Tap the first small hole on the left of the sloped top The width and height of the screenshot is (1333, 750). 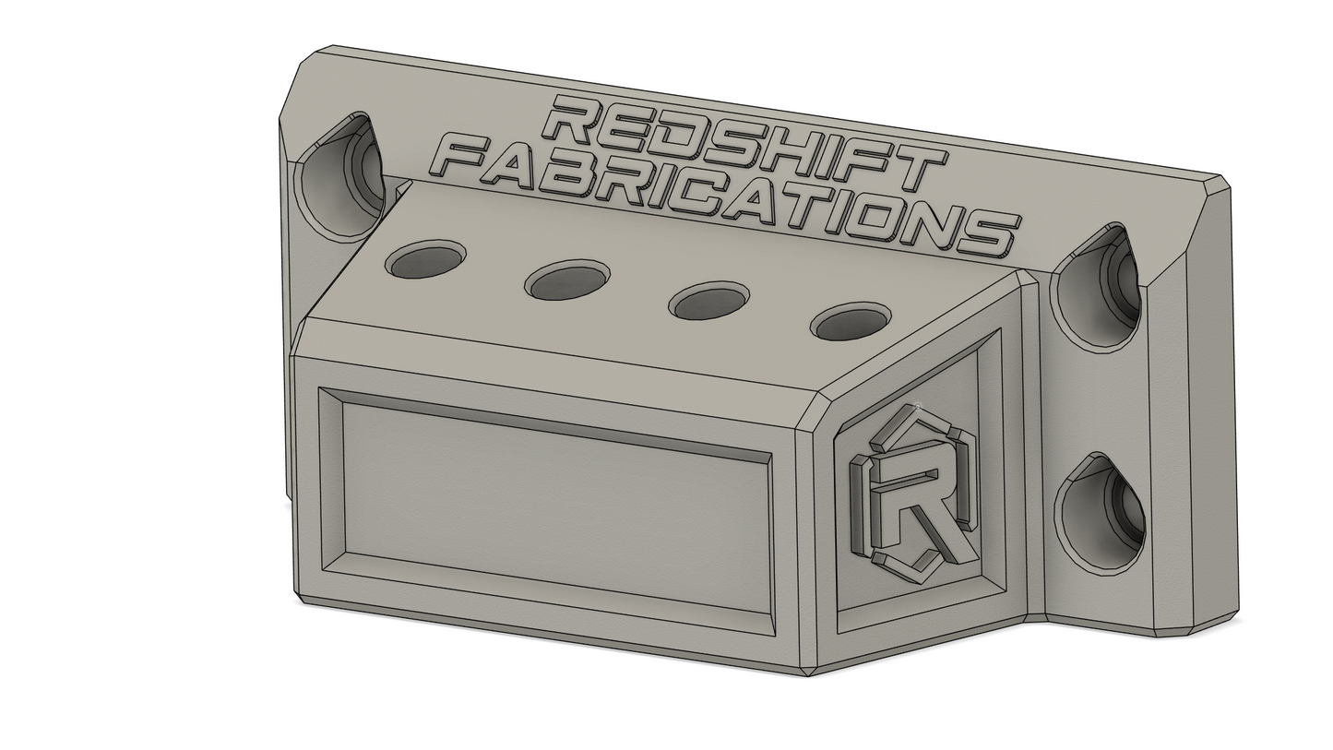click(425, 258)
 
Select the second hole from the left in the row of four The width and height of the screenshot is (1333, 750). click(567, 280)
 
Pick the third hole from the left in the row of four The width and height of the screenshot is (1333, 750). click(708, 301)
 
